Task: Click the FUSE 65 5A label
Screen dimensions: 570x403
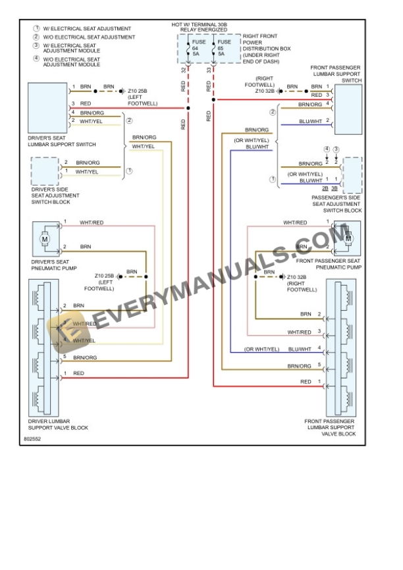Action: tap(221, 47)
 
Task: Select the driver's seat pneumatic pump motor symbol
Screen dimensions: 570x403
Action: tap(45, 239)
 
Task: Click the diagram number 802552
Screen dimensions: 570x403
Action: tap(32, 438)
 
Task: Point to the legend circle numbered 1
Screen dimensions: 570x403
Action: tap(37, 29)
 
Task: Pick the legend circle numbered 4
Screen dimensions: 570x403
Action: tap(37, 61)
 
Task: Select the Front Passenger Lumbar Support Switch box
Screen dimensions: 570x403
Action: tap(348, 109)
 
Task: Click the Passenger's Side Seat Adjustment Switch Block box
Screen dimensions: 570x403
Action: tap(352, 175)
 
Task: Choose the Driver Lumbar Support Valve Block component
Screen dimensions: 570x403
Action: tap(45, 346)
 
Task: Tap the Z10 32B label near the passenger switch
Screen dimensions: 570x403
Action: tap(267, 91)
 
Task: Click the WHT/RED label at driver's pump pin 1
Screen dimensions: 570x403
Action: tap(92, 222)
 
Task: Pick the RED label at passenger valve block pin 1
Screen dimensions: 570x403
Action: tap(306, 382)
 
